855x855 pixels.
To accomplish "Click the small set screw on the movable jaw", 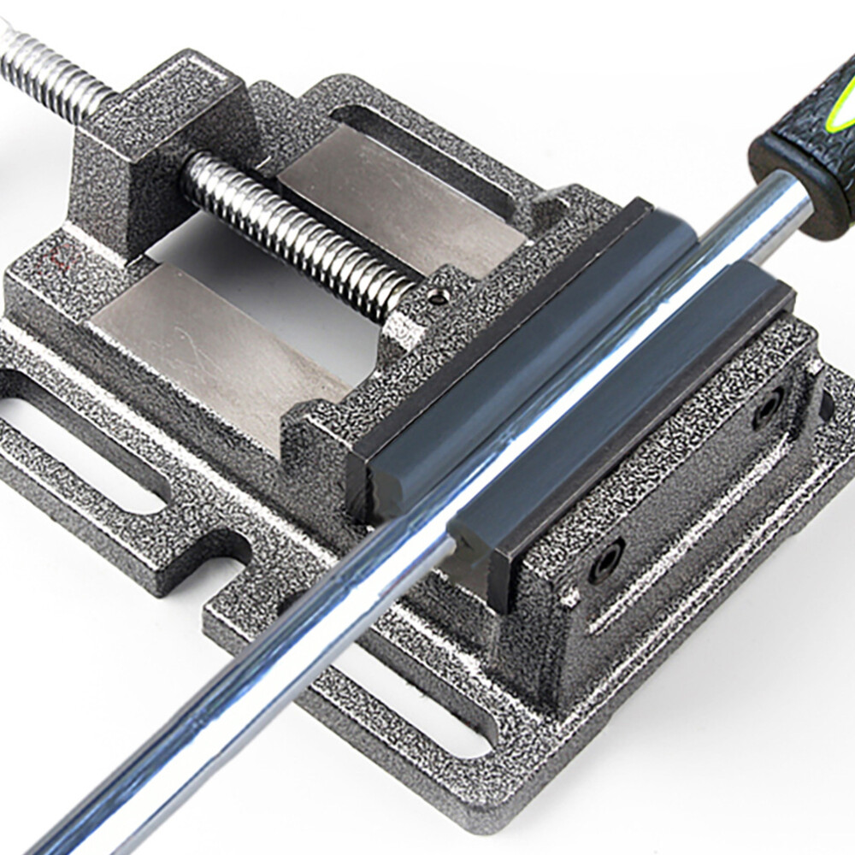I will coord(438,297).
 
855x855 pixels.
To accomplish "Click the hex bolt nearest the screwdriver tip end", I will coord(605,560).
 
